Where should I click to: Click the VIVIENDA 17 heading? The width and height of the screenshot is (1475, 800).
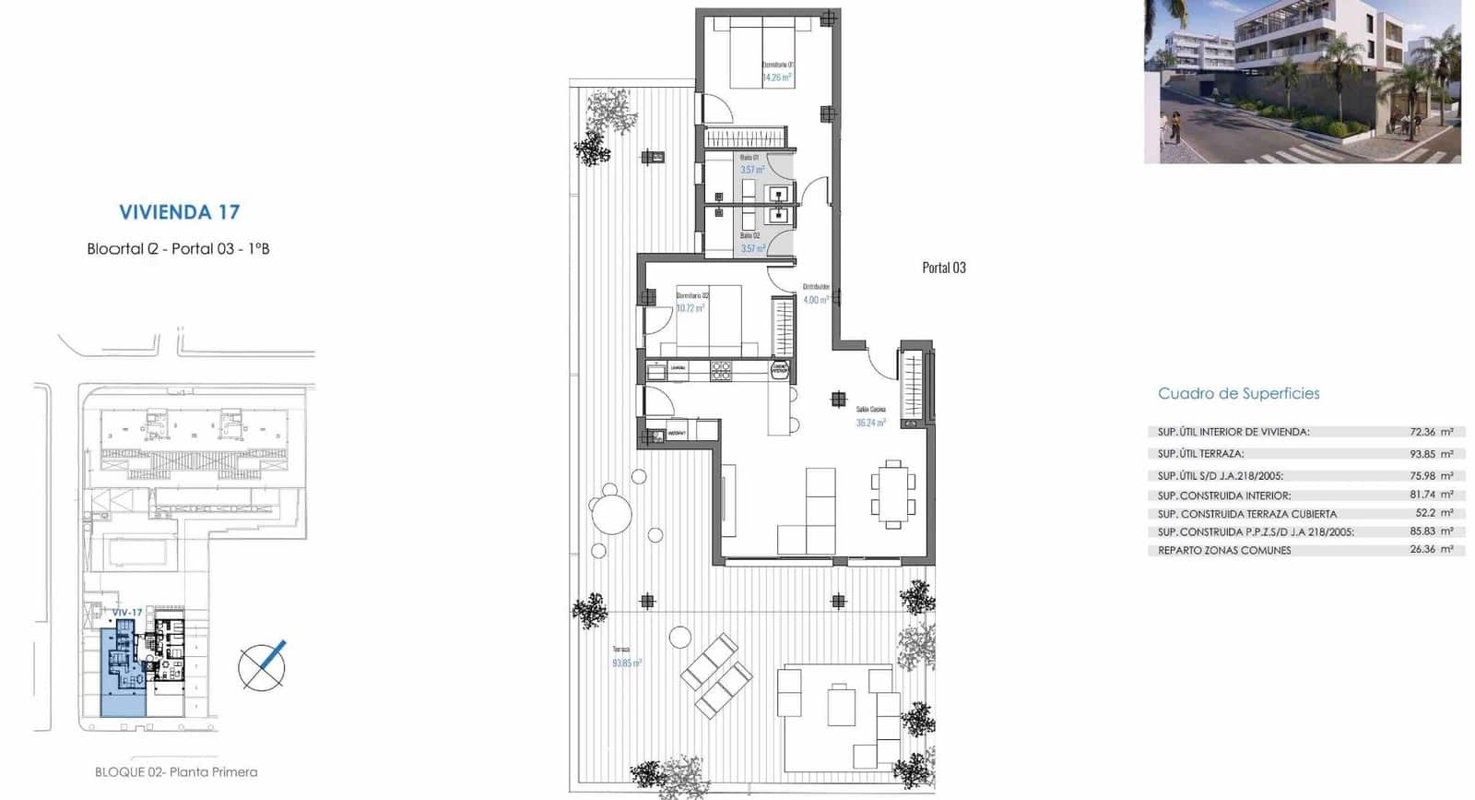[x=180, y=212]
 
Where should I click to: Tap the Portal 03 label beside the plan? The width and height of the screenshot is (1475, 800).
[x=944, y=268]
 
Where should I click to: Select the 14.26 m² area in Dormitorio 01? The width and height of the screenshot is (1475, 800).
[x=776, y=78]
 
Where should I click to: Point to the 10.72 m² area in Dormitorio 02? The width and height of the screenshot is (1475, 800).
[x=690, y=308]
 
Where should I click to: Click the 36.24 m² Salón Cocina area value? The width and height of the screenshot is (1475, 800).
[x=870, y=423]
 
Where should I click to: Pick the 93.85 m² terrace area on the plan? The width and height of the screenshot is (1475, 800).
[x=627, y=663]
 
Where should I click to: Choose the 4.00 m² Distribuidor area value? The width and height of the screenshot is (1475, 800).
[x=815, y=300]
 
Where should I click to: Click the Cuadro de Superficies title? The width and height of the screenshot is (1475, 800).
[x=1238, y=394]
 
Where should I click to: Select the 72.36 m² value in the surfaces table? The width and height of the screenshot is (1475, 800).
[x=1431, y=432]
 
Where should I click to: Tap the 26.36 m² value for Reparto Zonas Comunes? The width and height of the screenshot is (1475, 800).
[x=1431, y=550]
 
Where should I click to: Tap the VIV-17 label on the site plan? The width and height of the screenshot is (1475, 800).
[x=127, y=613]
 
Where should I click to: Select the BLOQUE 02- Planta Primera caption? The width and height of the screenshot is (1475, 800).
[x=176, y=772]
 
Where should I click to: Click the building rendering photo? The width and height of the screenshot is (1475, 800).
[x=1302, y=82]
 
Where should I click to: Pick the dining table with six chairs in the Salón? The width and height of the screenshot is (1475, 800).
[x=892, y=494]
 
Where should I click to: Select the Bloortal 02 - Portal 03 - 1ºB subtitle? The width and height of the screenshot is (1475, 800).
[x=178, y=249]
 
